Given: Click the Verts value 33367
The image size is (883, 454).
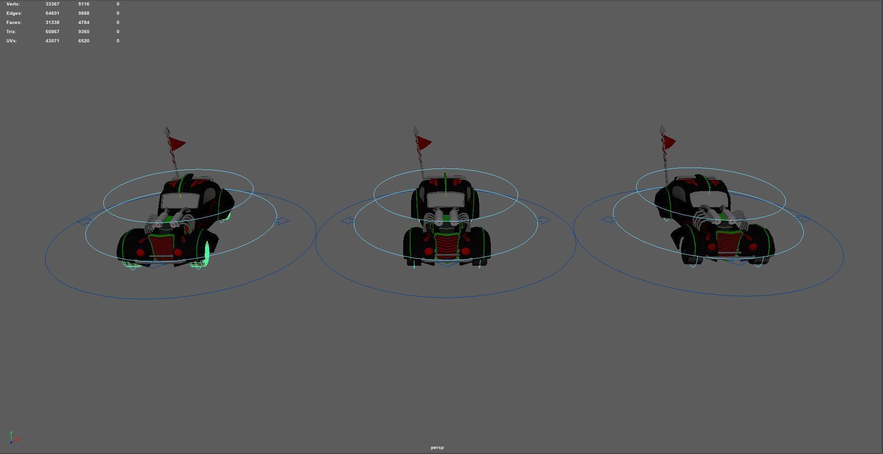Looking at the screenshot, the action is (52, 4).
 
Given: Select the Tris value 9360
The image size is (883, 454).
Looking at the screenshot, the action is (83, 31).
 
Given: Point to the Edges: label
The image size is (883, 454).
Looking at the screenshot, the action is (14, 13).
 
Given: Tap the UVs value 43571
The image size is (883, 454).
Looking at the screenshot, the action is (52, 41).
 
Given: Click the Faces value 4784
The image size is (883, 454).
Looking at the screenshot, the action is (83, 22).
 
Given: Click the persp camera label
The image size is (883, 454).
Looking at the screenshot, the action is (437, 447).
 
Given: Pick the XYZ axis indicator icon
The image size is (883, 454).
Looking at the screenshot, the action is (14, 437).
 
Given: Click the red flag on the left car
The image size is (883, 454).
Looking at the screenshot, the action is (177, 144).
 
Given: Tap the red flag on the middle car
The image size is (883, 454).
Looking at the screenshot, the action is (424, 143).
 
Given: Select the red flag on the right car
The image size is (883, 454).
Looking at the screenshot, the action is (669, 142).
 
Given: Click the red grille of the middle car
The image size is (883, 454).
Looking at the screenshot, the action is (446, 245).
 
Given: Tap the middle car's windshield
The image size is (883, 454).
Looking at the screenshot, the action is (446, 200).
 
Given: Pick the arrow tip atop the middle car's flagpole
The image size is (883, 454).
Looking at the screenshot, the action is (415, 129).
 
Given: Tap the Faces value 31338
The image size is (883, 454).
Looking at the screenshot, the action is (52, 22).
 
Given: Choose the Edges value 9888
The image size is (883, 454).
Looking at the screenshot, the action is (83, 13).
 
